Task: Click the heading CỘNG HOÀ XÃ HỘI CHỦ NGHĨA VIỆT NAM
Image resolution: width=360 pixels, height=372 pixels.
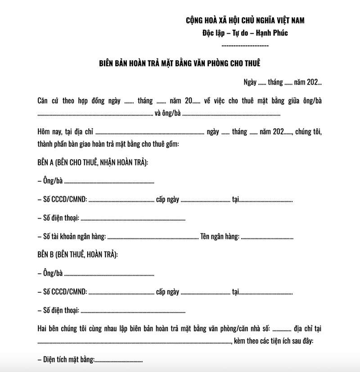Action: [245, 20]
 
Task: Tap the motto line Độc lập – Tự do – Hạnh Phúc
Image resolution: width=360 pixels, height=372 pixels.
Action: [245, 33]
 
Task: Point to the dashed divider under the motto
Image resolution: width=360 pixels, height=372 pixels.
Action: [245, 46]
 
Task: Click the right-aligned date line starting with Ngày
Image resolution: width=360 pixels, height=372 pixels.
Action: [282, 82]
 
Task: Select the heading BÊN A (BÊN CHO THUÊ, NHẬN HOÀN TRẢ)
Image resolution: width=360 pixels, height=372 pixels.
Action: [93, 162]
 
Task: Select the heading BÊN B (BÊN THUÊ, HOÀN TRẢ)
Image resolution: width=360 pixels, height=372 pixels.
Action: [78, 255]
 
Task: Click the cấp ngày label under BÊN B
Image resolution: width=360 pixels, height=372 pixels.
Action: [168, 292]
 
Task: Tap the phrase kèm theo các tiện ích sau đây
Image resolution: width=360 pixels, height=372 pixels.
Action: [274, 341]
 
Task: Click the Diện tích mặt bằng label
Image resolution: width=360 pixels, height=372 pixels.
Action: [68, 360]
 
